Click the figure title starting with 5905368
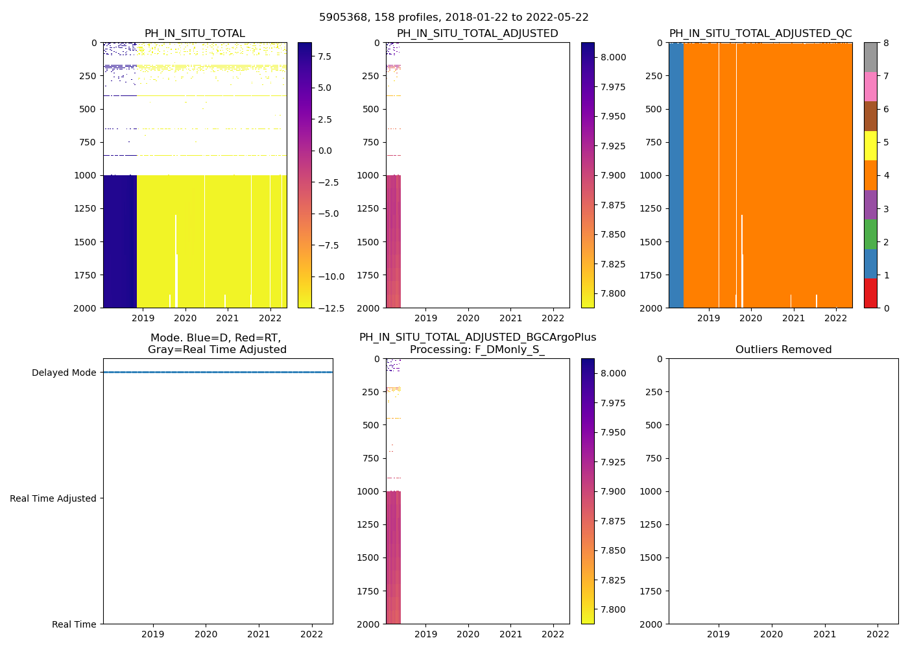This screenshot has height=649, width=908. coord(454,18)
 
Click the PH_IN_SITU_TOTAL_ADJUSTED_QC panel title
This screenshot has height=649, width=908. coord(760,34)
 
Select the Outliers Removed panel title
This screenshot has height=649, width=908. coord(783,350)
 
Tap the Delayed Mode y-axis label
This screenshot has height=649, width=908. coord(64,373)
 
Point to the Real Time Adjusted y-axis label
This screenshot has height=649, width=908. coord(53,498)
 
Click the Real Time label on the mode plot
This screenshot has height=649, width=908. coord(74,624)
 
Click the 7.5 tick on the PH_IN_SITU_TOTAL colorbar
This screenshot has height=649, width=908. coord(325,56)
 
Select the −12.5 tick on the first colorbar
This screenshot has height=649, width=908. coord(330,308)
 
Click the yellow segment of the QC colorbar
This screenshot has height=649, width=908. coord(870,145)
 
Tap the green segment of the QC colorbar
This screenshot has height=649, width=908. coord(870,234)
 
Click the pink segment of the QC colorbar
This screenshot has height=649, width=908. coord(870,86)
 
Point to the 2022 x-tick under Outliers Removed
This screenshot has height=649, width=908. coord(878,634)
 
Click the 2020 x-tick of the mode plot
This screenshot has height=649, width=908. coord(206,634)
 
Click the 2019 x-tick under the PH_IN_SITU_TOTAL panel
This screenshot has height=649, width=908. coord(143,318)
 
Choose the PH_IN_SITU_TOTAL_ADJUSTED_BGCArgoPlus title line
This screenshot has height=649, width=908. coord(477,337)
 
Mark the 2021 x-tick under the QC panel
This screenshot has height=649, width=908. coord(793,318)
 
